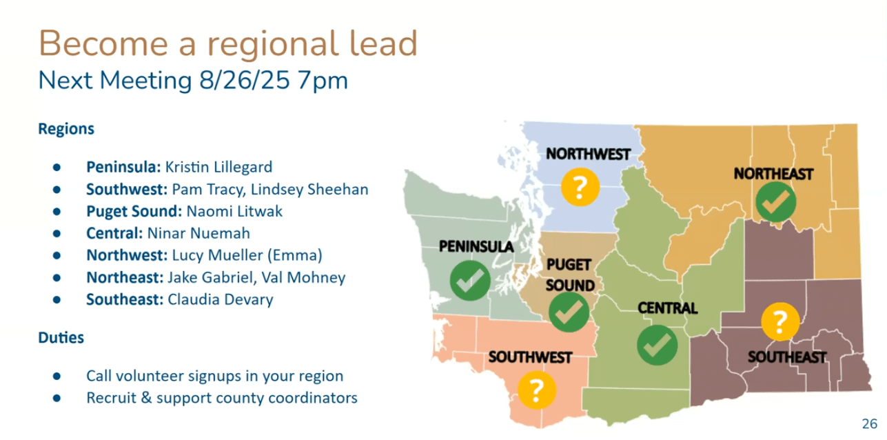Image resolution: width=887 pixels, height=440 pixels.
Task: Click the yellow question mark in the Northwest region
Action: tap(580, 187)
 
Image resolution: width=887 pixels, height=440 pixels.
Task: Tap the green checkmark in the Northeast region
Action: tap(776, 202)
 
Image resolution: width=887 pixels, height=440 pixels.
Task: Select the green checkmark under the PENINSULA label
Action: tap(470, 280)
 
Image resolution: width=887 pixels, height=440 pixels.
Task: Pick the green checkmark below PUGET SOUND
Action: tap(569, 312)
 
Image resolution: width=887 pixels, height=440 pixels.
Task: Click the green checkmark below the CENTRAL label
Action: tap(657, 345)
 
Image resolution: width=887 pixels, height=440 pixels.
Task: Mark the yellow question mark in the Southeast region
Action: tap(780, 321)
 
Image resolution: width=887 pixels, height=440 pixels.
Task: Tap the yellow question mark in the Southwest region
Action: tap(537, 390)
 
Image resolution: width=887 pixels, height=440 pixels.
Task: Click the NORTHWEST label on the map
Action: tap(588, 154)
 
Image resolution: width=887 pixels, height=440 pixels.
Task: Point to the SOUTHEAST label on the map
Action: tap(787, 357)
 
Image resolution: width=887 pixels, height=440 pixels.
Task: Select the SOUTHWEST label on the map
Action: tap(530, 357)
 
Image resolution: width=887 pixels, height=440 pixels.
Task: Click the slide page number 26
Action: tap(870, 423)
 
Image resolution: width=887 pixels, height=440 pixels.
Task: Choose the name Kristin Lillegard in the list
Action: tap(218, 168)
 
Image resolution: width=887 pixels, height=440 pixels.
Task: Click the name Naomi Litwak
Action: tap(234, 211)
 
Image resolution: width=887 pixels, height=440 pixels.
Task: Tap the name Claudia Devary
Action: tap(220, 300)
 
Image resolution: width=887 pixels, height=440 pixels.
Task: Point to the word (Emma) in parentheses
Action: tap(295, 255)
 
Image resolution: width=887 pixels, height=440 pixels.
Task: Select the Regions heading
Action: tap(66, 129)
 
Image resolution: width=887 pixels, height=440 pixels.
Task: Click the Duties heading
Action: tap(61, 338)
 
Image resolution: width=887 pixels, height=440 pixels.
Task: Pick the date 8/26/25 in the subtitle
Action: tap(244, 81)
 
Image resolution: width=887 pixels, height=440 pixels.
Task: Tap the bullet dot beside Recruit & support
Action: tap(57, 398)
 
